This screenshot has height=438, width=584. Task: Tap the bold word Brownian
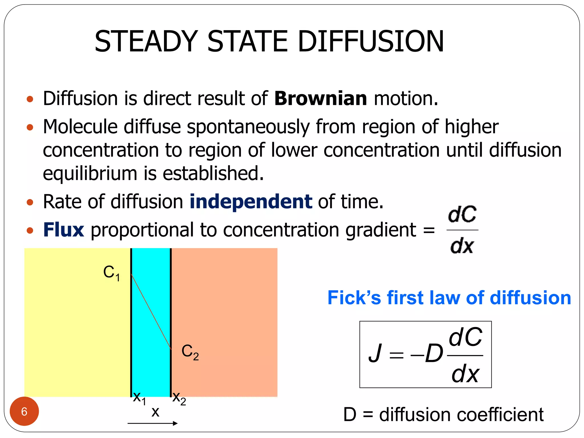click(x=321, y=98)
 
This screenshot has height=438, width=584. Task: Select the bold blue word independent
click(x=251, y=202)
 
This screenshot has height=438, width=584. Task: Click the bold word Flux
click(x=64, y=230)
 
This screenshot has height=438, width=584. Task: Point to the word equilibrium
click(x=90, y=173)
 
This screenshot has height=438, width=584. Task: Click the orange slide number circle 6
click(x=24, y=411)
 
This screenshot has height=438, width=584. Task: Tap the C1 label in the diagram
click(x=111, y=273)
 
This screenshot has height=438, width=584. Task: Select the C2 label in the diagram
click(x=190, y=352)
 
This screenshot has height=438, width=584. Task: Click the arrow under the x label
click(x=153, y=423)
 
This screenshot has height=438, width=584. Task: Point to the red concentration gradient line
click(x=151, y=312)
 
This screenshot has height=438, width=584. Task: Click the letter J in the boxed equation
click(x=375, y=354)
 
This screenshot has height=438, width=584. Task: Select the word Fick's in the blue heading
click(x=354, y=298)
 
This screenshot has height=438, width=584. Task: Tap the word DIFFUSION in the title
click(x=371, y=42)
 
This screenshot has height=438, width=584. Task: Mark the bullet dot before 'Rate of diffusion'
click(x=30, y=202)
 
